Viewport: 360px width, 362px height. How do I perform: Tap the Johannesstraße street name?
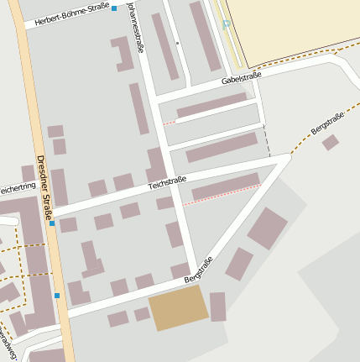(x=135, y=27)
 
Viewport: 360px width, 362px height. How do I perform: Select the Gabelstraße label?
(x=242, y=79)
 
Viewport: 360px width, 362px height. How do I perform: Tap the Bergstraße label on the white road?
(x=198, y=270)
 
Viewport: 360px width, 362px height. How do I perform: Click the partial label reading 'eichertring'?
(x=17, y=190)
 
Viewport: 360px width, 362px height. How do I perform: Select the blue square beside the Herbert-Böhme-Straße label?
(x=114, y=8)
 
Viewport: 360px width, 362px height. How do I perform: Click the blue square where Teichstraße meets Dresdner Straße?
(x=52, y=223)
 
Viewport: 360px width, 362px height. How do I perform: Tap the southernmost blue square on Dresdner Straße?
(x=57, y=296)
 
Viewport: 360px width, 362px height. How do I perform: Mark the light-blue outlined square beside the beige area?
(x=227, y=24)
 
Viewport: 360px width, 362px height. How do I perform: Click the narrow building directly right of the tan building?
(x=218, y=307)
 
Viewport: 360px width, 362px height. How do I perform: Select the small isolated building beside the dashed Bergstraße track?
(x=330, y=143)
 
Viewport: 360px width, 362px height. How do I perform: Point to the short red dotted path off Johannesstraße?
(x=169, y=123)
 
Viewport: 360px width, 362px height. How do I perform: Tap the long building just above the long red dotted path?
(x=226, y=186)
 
